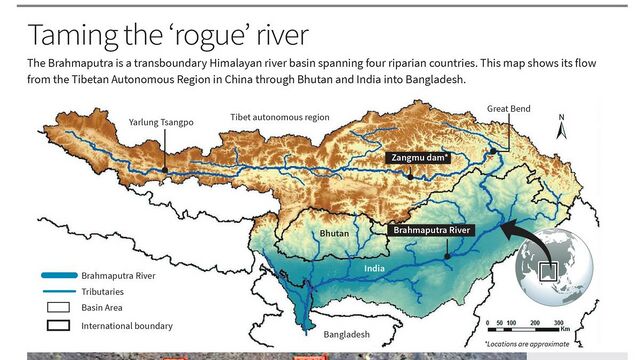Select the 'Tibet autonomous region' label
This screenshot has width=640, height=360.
coord(279,117)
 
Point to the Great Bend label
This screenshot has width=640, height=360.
coord(509,107)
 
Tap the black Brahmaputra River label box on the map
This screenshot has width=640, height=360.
coord(431,230)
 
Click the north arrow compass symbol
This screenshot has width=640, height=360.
coord(561,127)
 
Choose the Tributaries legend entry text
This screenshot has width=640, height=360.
coord(109,291)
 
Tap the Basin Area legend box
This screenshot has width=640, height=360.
coord(58,308)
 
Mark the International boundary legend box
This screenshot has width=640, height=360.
coord(58,326)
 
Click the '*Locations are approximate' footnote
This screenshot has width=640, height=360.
coord(540,344)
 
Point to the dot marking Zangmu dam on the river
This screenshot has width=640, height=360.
coord(410,177)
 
